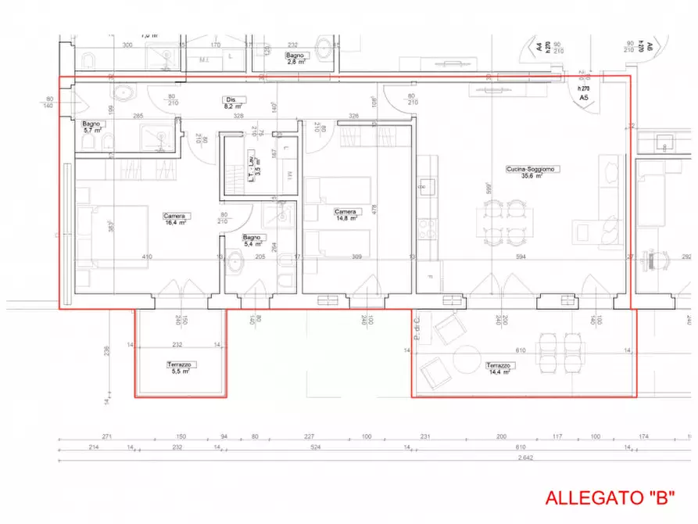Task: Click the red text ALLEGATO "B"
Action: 609,497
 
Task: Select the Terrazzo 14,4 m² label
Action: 499,368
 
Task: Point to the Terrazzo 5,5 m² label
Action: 180,368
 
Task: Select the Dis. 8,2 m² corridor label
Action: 233,102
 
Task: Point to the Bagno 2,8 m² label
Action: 295,59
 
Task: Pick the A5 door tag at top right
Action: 583,99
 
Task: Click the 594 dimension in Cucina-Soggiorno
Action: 521,257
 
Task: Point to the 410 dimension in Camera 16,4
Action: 147,257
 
